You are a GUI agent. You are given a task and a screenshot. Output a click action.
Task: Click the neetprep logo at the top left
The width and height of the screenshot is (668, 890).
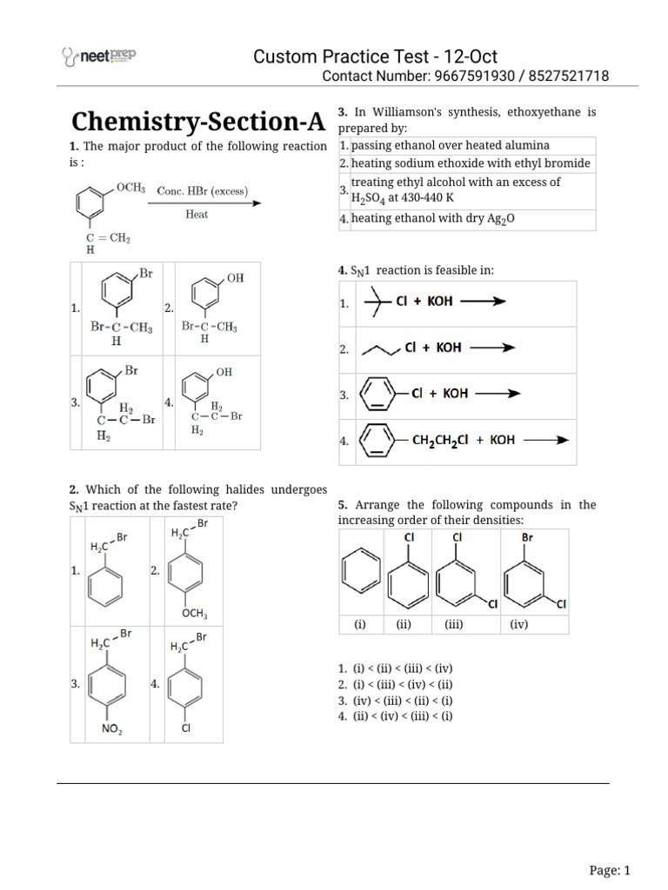click(x=98, y=57)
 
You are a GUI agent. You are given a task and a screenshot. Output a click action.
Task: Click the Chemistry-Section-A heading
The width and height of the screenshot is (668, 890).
click(x=197, y=121)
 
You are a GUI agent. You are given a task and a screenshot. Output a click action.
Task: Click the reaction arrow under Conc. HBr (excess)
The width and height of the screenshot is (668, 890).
click(x=208, y=203)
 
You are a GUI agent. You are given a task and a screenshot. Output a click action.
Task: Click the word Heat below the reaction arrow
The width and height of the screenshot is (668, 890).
click(x=197, y=215)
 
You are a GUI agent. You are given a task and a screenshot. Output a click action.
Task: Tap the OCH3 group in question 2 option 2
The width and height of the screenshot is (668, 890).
click(x=195, y=614)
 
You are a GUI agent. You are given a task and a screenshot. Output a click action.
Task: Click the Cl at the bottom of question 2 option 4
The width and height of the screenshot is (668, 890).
click(x=186, y=728)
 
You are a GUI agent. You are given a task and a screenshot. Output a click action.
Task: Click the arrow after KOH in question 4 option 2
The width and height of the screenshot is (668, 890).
click(x=492, y=348)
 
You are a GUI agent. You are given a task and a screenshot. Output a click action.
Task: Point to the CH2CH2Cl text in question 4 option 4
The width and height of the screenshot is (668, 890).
click(x=440, y=440)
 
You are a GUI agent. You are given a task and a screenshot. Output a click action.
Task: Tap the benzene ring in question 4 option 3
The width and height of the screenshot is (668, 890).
click(x=377, y=394)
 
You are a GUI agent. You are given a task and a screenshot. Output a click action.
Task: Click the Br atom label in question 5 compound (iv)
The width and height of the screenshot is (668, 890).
click(x=527, y=537)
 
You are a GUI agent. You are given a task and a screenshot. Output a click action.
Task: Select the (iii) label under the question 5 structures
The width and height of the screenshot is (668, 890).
click(x=454, y=624)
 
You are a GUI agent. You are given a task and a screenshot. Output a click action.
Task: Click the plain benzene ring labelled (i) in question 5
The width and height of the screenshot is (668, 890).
click(x=360, y=575)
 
